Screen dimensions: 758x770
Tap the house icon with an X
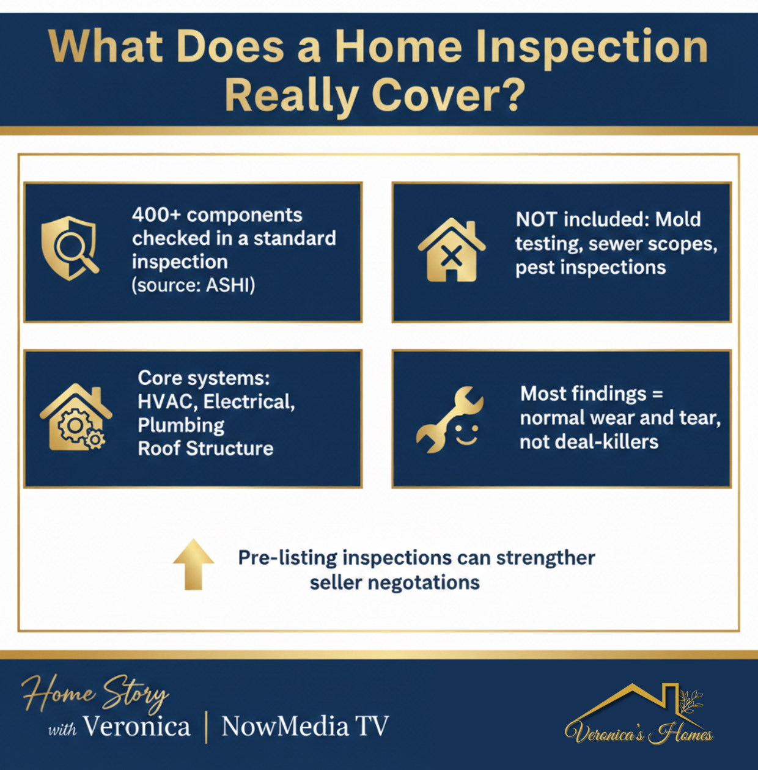pos(452,250)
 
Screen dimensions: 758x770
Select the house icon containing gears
pos(75,417)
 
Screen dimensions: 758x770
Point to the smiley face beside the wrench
pos(466,434)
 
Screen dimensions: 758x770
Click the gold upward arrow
pos(194,564)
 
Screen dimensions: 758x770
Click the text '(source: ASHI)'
pos(194,285)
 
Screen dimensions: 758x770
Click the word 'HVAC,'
pos(167,402)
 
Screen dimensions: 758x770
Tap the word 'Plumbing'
pos(181,425)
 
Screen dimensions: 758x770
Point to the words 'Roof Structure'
pos(205,449)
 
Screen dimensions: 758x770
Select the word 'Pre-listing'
pos(287,558)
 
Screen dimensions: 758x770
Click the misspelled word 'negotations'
pos(424,583)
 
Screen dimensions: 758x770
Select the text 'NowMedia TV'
pos(305,726)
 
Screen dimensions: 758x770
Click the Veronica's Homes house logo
pos(639,715)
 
